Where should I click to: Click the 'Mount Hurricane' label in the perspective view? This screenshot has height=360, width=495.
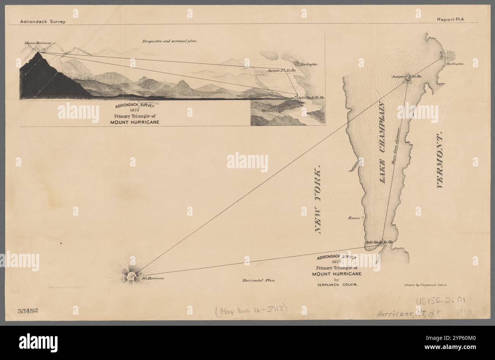(x=37, y=44)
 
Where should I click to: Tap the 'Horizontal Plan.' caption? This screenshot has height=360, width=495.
(x=258, y=281)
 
